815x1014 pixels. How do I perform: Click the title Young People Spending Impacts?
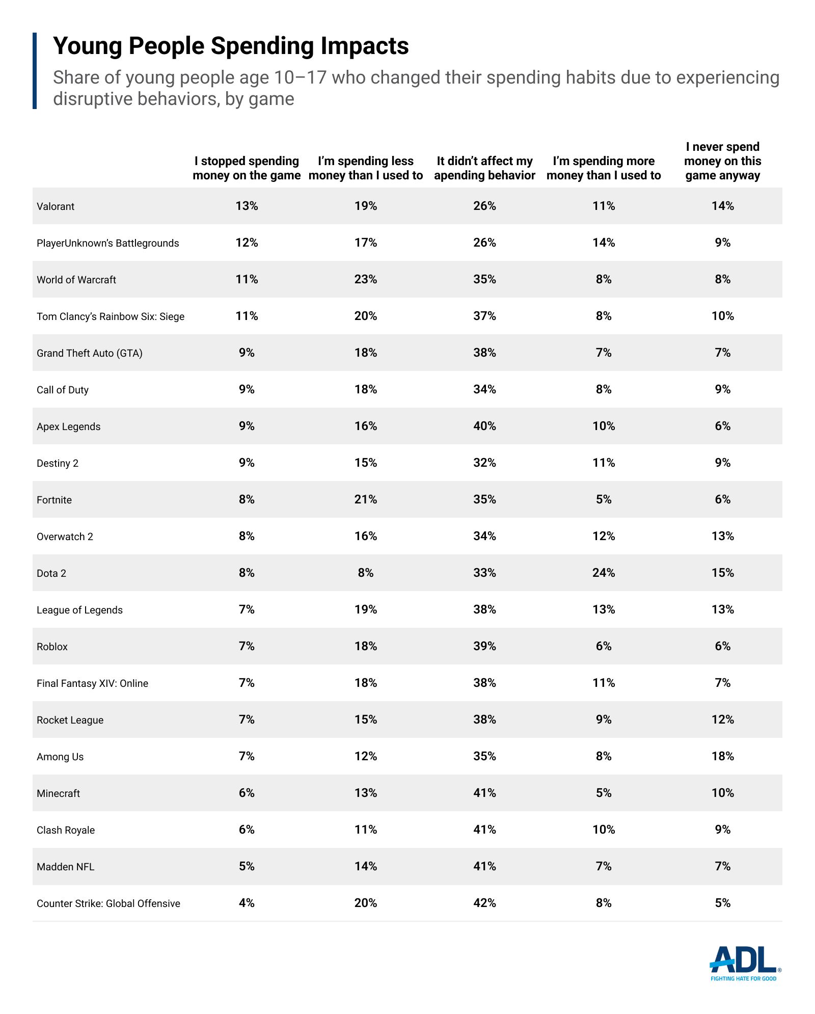(x=231, y=46)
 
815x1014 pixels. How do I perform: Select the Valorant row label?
(x=56, y=206)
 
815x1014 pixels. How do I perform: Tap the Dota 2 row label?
(x=51, y=573)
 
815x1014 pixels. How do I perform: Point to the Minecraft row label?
(x=58, y=793)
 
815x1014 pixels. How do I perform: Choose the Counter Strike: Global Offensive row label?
(x=108, y=903)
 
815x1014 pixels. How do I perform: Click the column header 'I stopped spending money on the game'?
(x=247, y=168)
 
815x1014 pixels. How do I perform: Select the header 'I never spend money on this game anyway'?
(x=722, y=161)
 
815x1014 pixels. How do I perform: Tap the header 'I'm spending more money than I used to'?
(x=604, y=168)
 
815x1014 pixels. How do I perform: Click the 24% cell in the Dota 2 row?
(x=604, y=573)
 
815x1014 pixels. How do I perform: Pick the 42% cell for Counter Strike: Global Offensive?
(x=484, y=903)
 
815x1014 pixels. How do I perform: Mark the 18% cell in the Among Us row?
(x=722, y=756)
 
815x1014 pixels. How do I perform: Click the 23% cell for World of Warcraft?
(x=366, y=279)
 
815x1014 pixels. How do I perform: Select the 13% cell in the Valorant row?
(x=247, y=206)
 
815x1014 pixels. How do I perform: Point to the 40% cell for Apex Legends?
(x=484, y=426)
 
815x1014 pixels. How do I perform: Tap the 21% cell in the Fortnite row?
(x=366, y=499)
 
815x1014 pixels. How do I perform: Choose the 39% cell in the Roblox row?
(x=484, y=646)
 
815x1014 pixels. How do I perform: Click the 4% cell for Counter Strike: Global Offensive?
(x=247, y=903)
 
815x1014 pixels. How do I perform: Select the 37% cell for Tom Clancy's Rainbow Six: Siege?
(x=484, y=316)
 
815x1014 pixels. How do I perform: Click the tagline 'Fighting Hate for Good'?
(x=744, y=978)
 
